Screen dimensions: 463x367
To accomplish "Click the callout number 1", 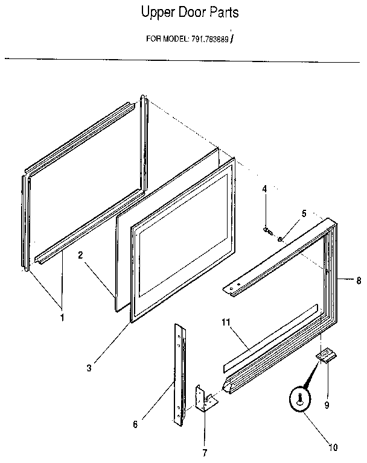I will [61, 318].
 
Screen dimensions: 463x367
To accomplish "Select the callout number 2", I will [80, 255].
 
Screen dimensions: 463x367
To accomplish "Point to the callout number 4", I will [264, 190].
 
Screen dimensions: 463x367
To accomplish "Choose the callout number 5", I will [304, 213].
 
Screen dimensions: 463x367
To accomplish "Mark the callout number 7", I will [204, 452].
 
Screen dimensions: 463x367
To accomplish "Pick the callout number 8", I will [359, 280].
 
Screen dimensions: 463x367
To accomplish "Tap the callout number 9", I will [327, 405].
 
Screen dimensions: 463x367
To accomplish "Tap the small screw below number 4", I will [267, 230].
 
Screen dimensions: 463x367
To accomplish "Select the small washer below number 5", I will [281, 239].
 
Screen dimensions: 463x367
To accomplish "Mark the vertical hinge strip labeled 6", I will [179, 374].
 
